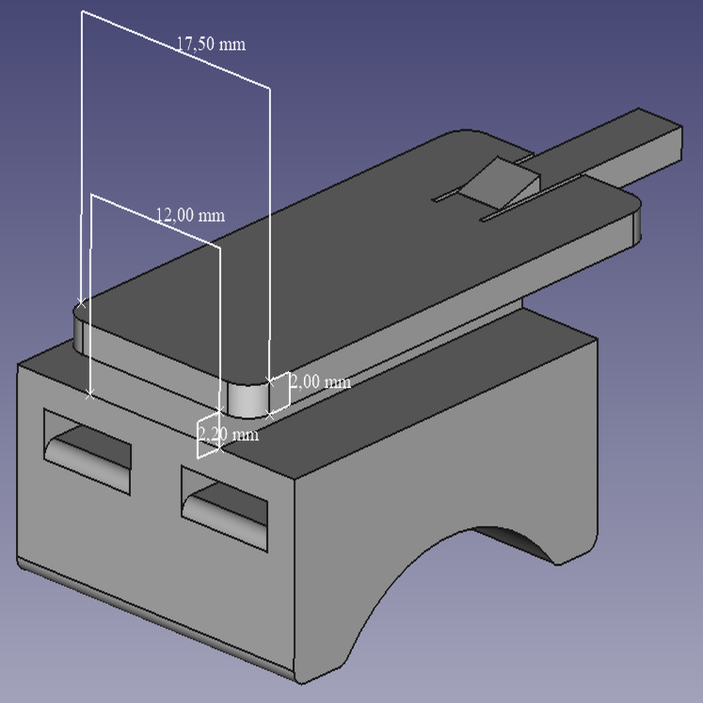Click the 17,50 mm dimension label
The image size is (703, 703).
coord(211,44)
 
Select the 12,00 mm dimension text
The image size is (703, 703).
coord(190,215)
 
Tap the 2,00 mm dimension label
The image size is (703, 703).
coord(321,382)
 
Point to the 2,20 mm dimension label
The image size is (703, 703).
coord(228,434)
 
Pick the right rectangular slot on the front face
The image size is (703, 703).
coord(224,509)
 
